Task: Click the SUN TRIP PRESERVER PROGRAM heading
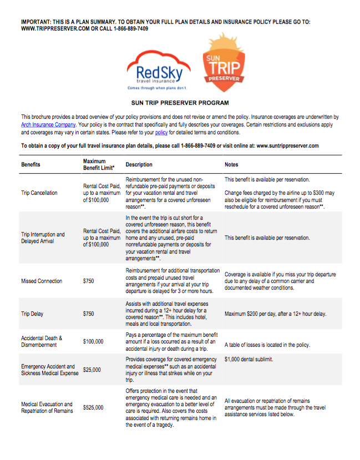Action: [x=180, y=103]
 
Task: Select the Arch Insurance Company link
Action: [x=48, y=125]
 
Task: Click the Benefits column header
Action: [x=31, y=165]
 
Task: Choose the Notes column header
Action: [x=231, y=165]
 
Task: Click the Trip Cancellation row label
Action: [x=39, y=193]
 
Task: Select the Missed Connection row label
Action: [x=42, y=281]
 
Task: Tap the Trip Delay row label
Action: [x=32, y=314]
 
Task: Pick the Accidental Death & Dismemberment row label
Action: [x=42, y=341]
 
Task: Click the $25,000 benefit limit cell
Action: [x=93, y=370]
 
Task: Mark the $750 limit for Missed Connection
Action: [x=89, y=281]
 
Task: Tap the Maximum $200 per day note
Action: [x=275, y=314]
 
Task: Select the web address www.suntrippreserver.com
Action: [x=280, y=145]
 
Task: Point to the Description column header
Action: [x=139, y=165]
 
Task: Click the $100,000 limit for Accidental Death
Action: [x=93, y=341]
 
